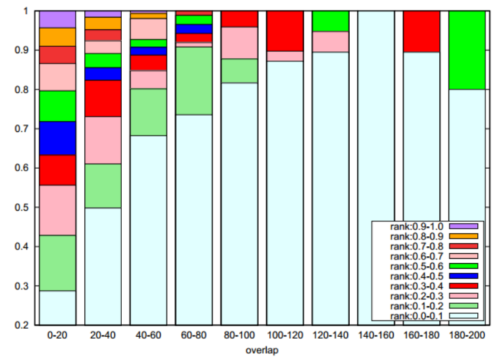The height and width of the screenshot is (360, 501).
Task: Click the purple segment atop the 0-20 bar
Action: click(57, 19)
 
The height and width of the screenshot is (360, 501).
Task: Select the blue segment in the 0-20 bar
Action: click(57, 138)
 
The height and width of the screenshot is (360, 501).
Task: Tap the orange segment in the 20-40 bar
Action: click(102, 23)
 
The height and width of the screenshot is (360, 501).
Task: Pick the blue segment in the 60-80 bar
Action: click(194, 29)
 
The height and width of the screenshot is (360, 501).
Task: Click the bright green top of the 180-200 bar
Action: click(467, 50)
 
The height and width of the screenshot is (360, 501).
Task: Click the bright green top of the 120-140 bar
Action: click(330, 21)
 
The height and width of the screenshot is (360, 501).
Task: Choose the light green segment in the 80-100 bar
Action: click(239, 71)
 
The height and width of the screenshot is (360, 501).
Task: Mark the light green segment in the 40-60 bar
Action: click(148, 112)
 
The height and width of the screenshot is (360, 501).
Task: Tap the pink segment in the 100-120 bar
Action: click(285, 56)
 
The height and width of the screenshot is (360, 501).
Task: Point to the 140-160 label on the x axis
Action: click(375, 336)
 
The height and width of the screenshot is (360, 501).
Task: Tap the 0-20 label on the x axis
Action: click(57, 336)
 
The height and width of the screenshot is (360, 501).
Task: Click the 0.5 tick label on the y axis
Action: click(22, 207)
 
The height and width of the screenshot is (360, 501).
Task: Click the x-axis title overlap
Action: click(262, 349)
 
